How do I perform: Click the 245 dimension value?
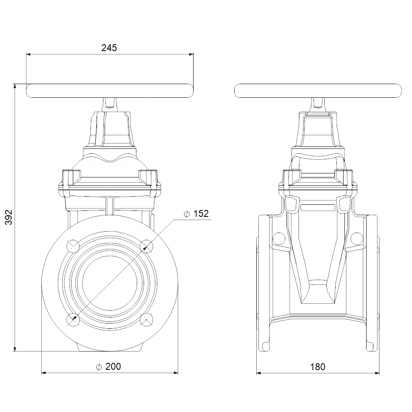click(109, 48)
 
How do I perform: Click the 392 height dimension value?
click(9, 217)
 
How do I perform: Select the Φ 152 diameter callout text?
click(196, 214)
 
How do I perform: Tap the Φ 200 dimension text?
click(108, 367)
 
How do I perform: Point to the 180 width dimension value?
click(318, 367)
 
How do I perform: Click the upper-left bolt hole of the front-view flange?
click(73, 245)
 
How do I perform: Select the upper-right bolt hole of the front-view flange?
click(146, 245)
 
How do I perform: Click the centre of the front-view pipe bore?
click(109, 282)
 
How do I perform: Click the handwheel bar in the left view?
click(109, 91)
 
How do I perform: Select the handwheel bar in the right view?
click(318, 91)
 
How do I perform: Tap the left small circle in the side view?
click(278, 239)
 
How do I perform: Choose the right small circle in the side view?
click(356, 239)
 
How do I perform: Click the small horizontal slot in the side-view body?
click(318, 208)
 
